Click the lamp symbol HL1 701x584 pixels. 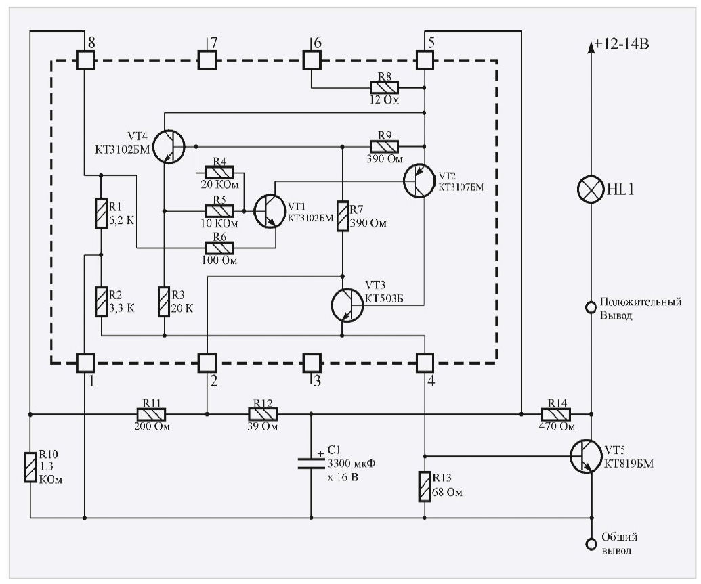pyautogui.click(x=591, y=189)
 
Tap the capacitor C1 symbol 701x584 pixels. pyautogui.click(x=311, y=463)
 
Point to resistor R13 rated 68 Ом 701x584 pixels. pyautogui.click(x=424, y=487)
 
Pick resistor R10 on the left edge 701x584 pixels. pyautogui.click(x=30, y=468)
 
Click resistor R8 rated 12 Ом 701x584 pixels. pyautogui.click(x=383, y=87)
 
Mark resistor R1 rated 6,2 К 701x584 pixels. pyautogui.click(x=100, y=212)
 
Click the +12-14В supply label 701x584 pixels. pyautogui.click(x=622, y=45)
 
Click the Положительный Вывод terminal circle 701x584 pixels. pyautogui.click(x=591, y=308)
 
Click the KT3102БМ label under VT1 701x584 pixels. pyautogui.click(x=311, y=218)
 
